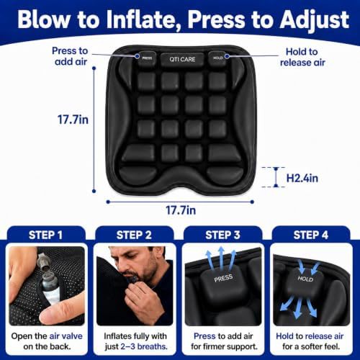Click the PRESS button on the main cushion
[x=147, y=58]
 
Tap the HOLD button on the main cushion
[x=217, y=58]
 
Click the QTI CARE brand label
[x=182, y=59]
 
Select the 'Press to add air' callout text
[x=70, y=56]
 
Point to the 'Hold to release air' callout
[x=302, y=57]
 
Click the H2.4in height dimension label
[x=302, y=178]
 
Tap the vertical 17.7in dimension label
[x=73, y=120]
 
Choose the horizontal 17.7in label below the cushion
[x=181, y=210]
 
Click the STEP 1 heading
[x=45, y=235]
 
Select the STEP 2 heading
[x=134, y=235]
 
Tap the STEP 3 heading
[x=222, y=235]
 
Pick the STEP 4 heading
[x=311, y=235]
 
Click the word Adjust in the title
[x=315, y=19]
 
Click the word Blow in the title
[x=45, y=19]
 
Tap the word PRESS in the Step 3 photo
[x=223, y=278]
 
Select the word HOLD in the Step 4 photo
[x=305, y=279]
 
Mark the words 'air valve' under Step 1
[x=66, y=336]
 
